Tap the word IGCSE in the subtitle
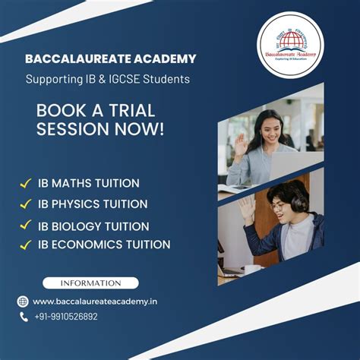click(120, 79)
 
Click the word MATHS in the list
click(71, 183)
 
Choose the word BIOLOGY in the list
click(78, 226)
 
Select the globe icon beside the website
click(24, 302)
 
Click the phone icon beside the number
click(24, 317)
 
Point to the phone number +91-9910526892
click(65, 317)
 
